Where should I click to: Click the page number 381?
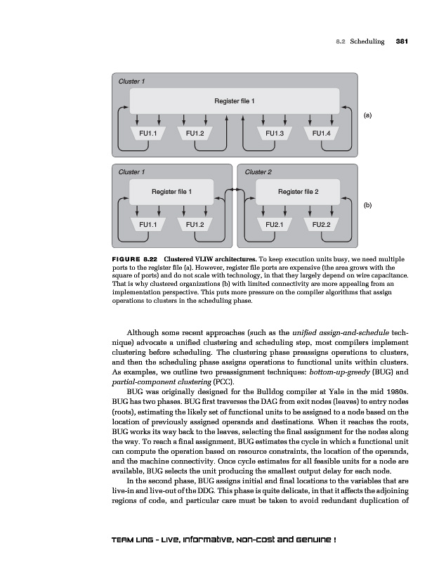coord(402,41)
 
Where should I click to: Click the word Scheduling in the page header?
coord(368,41)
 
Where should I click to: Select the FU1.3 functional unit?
coord(275,133)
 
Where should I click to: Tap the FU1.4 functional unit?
coord(321,133)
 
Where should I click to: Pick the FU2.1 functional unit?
coord(275,224)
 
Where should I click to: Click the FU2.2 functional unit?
coord(321,224)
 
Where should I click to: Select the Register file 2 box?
coord(298,191)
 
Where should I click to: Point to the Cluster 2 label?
coord(258,171)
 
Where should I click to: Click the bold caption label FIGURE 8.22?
coord(138,259)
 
